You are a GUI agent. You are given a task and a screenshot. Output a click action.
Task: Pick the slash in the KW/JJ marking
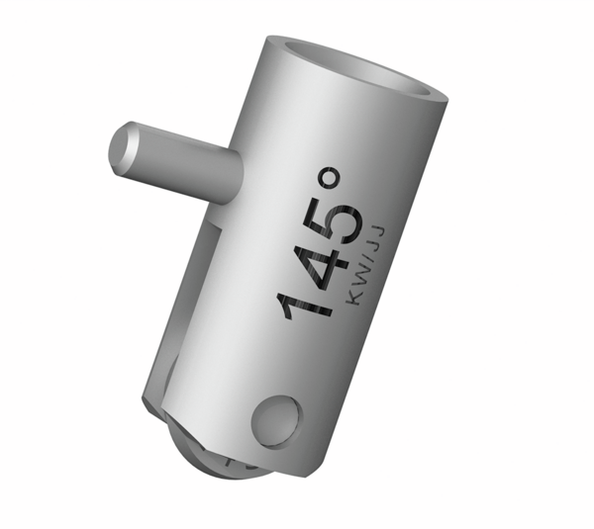point(363,260)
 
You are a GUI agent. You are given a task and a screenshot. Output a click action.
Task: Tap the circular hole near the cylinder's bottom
point(274,420)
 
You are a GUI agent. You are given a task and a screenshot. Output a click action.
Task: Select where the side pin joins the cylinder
point(236,178)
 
